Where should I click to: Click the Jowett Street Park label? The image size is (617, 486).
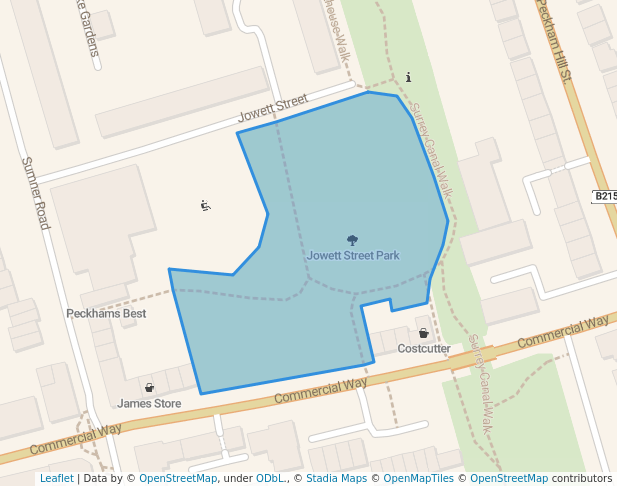pyautogui.click(x=353, y=256)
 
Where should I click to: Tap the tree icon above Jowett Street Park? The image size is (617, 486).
pyautogui.click(x=352, y=240)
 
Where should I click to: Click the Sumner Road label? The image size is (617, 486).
pyautogui.click(x=35, y=193)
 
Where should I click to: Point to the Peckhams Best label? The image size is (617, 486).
pyautogui.click(x=106, y=314)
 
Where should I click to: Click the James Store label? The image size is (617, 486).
pyautogui.click(x=149, y=404)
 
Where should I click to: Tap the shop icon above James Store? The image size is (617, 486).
pyautogui.click(x=149, y=388)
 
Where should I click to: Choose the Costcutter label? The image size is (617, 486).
pyautogui.click(x=424, y=349)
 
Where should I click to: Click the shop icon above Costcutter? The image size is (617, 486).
pyautogui.click(x=423, y=333)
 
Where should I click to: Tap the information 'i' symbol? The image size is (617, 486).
pyautogui.click(x=408, y=77)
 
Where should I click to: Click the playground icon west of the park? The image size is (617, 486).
pyautogui.click(x=205, y=206)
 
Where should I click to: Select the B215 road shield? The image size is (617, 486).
pyautogui.click(x=604, y=196)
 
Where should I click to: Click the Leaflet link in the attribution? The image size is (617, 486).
pyautogui.click(x=56, y=478)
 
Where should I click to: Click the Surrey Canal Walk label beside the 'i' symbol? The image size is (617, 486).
pyautogui.click(x=433, y=150)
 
